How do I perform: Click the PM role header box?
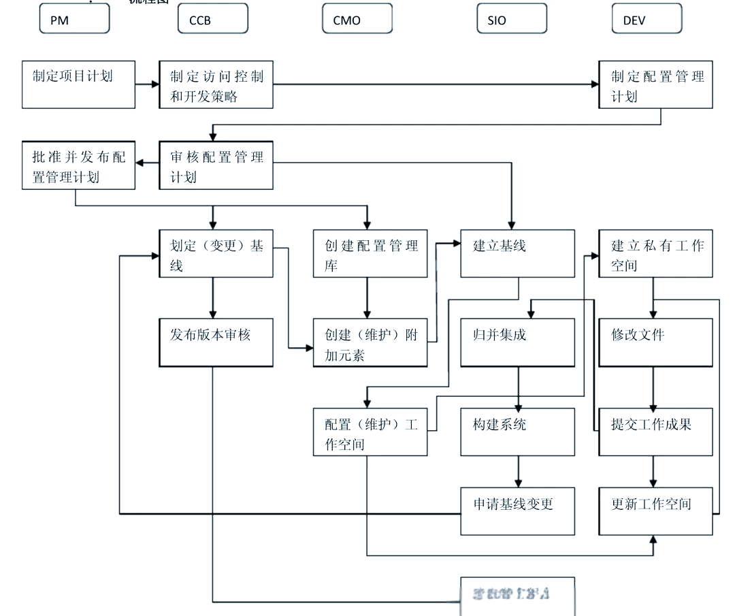75,19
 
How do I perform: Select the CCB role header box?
213,19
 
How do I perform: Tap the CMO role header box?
357,19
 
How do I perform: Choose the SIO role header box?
512,19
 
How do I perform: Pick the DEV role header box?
647,19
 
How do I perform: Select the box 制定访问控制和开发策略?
216,84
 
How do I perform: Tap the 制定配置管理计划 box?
655,84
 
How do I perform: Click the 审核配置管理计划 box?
216,165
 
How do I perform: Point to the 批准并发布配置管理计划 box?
78,165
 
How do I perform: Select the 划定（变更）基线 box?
216,253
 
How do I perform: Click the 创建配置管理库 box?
370,253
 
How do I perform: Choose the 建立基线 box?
517,253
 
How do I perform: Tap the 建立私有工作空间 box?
655,253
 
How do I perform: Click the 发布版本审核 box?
216,342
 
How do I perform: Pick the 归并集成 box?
517,342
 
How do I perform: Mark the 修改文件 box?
655,342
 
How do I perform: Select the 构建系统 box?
517,432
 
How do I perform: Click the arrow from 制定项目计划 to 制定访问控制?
147,84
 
